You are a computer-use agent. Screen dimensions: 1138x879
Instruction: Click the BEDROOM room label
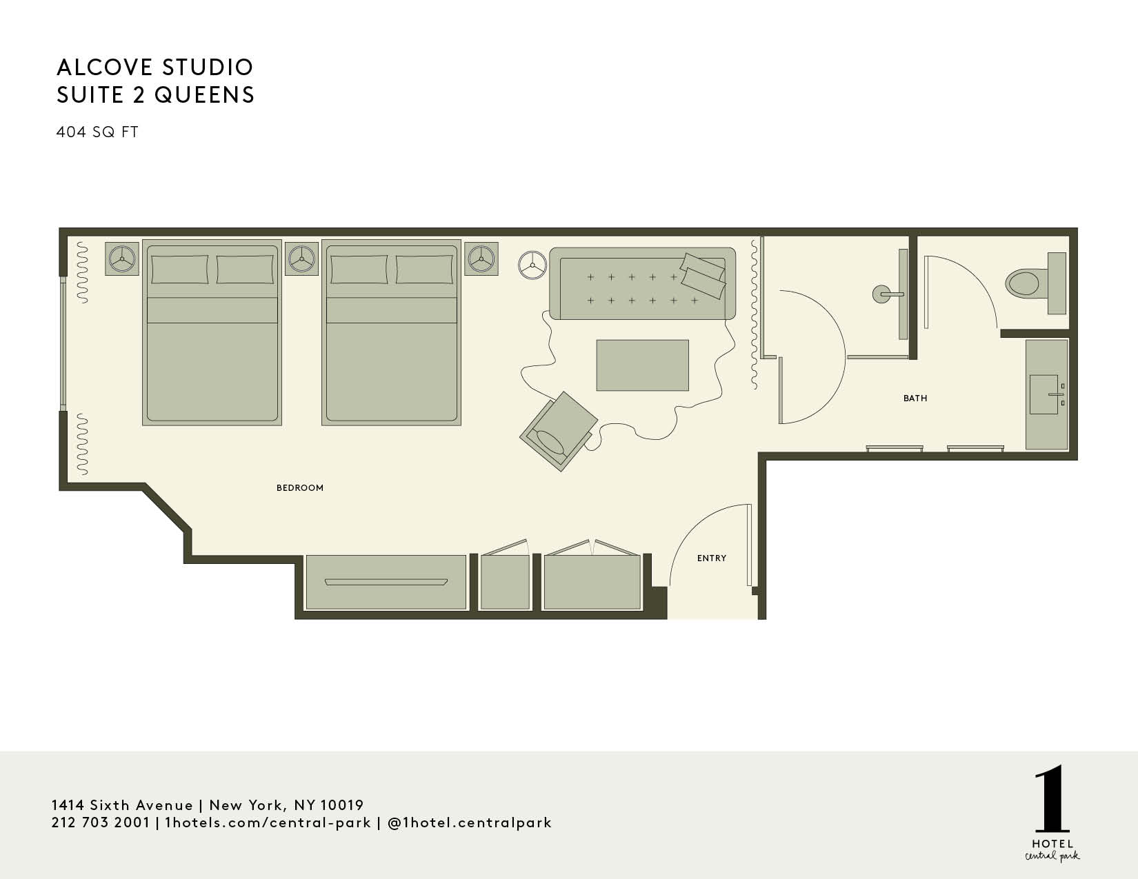pyautogui.click(x=299, y=488)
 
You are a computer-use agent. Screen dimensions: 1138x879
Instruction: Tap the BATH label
pyautogui.click(x=915, y=398)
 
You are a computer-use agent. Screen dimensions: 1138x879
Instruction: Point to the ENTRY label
pyautogui.click(x=712, y=558)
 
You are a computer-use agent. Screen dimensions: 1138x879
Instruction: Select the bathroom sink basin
pyautogui.click(x=1044, y=394)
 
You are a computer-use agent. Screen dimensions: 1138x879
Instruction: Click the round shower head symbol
pyautogui.click(x=881, y=294)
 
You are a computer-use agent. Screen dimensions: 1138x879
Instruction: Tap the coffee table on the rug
pyautogui.click(x=642, y=365)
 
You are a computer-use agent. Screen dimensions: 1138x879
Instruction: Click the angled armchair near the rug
pyautogui.click(x=559, y=432)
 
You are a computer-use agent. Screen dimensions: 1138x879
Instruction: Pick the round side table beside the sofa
pyautogui.click(x=532, y=265)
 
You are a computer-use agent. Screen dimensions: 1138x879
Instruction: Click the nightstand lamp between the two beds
pyautogui.click(x=301, y=259)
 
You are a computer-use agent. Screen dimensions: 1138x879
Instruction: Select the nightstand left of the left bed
pyautogui.click(x=122, y=259)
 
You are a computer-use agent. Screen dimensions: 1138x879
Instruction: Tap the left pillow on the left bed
pyautogui.click(x=179, y=269)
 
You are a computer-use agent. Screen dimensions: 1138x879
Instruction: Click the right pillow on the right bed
pyautogui.click(x=424, y=269)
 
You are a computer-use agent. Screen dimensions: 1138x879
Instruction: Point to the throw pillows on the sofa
pyautogui.click(x=703, y=275)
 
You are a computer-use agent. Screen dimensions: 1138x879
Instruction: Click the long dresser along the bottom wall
pyautogui.click(x=386, y=582)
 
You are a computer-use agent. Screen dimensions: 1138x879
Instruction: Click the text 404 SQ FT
pyautogui.click(x=97, y=132)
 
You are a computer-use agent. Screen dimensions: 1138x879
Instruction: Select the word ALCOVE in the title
pyautogui.click(x=104, y=67)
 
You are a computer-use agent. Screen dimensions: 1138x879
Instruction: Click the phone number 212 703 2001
pyautogui.click(x=101, y=822)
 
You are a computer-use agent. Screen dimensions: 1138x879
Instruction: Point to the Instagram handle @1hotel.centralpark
pyautogui.click(x=469, y=823)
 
